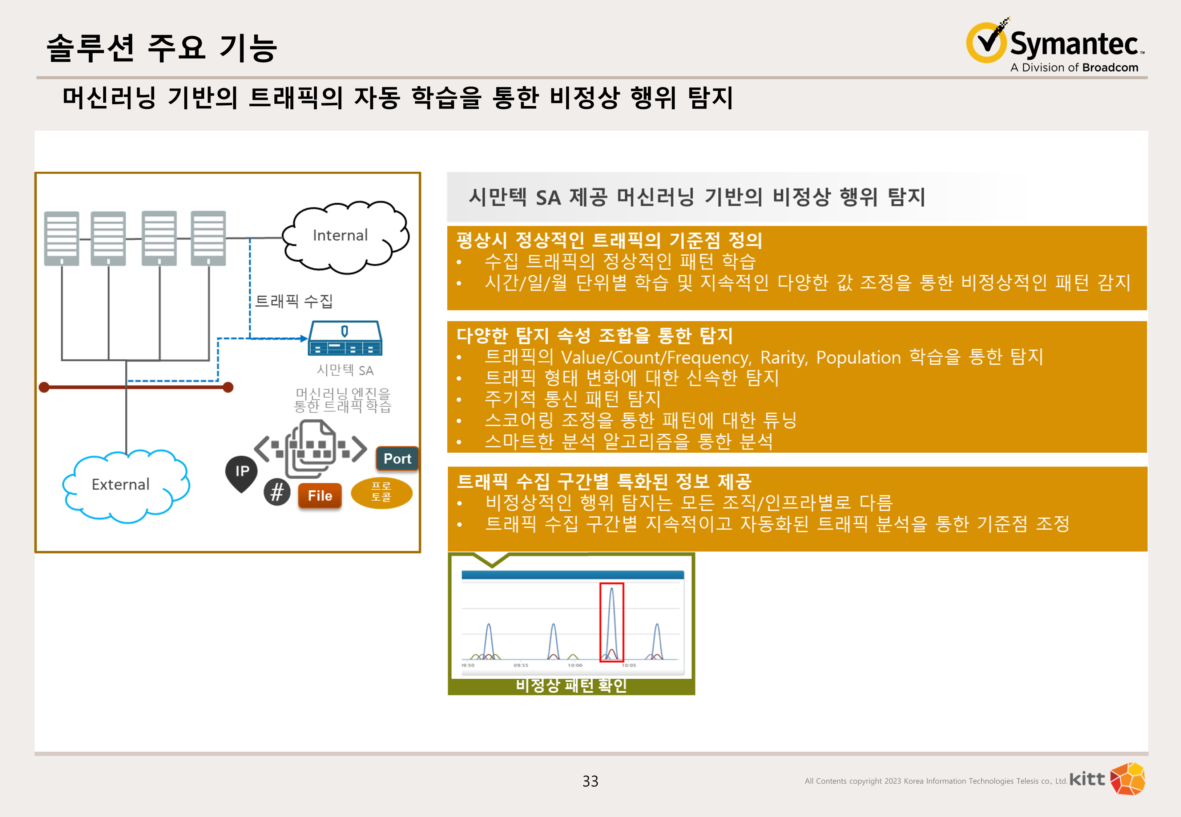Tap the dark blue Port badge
click(398, 459)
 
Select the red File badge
click(319, 496)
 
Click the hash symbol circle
click(277, 492)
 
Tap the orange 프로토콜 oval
click(382, 492)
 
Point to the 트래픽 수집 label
click(294, 301)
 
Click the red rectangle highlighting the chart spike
click(612, 622)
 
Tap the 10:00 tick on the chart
click(575, 665)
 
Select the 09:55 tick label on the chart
click(521, 665)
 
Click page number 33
click(590, 781)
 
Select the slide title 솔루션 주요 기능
click(162, 48)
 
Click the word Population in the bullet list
click(858, 357)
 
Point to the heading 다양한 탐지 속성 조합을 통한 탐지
click(594, 336)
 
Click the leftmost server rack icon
click(61, 238)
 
